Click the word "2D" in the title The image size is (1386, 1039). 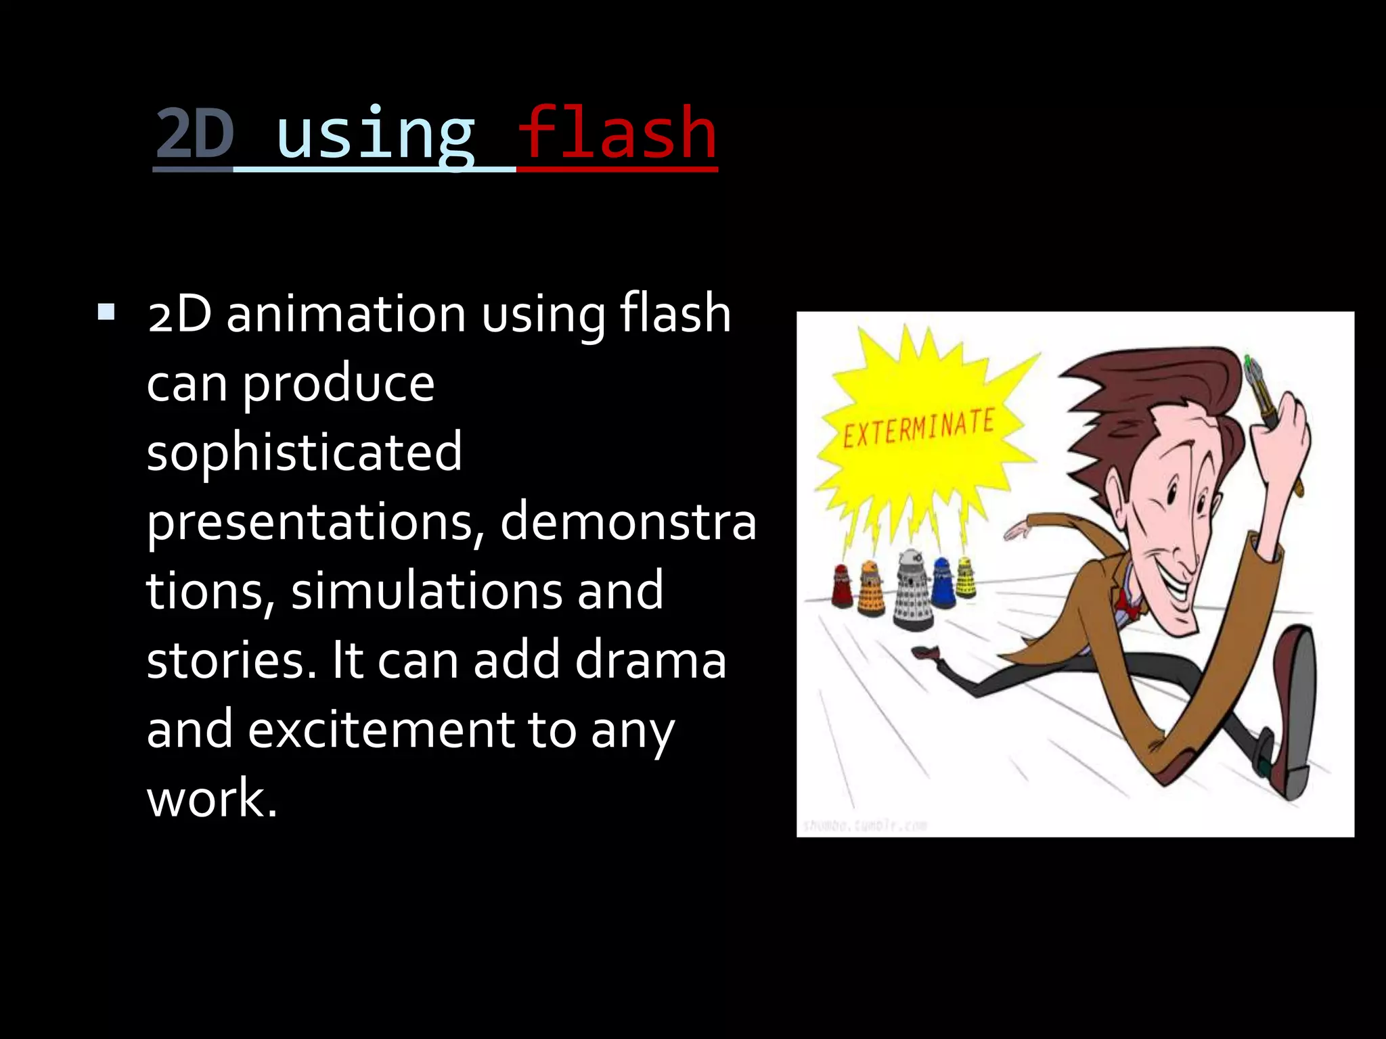point(194,133)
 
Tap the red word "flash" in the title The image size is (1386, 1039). point(617,133)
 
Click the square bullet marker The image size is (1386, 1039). point(106,312)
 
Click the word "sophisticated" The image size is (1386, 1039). point(305,452)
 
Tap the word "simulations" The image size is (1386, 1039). point(426,591)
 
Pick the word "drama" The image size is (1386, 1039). point(650,660)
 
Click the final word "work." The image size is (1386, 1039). point(212,799)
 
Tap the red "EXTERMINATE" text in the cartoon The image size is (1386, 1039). point(918,428)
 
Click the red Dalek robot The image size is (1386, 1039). point(842,585)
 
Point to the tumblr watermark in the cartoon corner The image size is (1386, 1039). point(864,825)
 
